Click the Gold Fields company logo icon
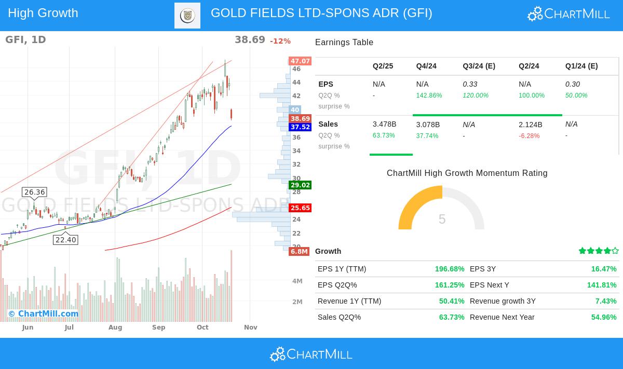click(187, 16)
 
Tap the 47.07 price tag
click(300, 61)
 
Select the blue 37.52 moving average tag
click(300, 127)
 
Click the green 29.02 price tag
click(300, 185)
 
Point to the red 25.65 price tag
click(300, 208)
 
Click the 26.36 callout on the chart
click(35, 192)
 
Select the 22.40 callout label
click(66, 240)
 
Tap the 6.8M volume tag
click(299, 252)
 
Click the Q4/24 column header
click(426, 66)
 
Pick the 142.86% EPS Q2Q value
click(429, 95)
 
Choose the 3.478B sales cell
click(384, 124)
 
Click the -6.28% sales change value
click(529, 136)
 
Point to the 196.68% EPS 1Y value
click(450, 269)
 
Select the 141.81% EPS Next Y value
click(602, 285)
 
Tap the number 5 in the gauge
click(442, 219)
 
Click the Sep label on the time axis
click(159, 327)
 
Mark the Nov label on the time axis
click(251, 327)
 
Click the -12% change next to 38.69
click(280, 41)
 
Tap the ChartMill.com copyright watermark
click(43, 313)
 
